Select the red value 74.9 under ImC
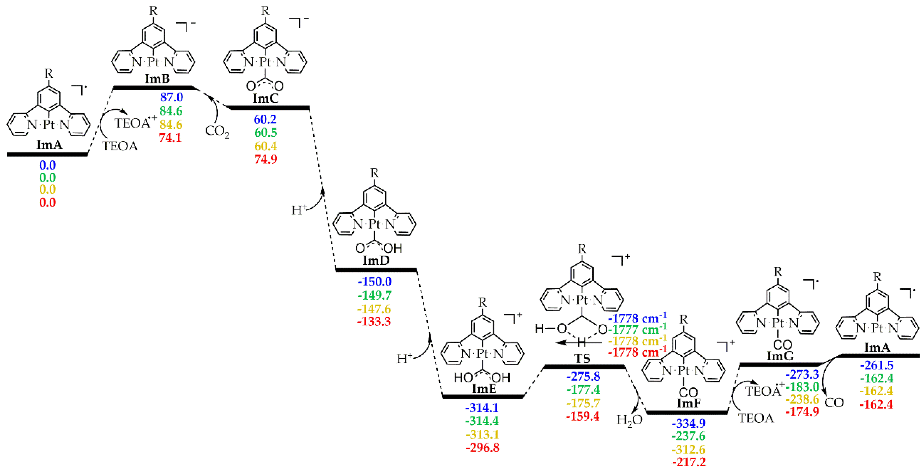pos(266,159)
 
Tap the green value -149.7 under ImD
pos(375,295)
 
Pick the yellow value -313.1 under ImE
pos(482,435)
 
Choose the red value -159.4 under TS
pos(583,416)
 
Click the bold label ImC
pos(266,98)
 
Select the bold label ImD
pos(376,261)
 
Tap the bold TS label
pos(582,358)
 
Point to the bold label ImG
pos(780,356)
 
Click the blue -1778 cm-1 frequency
pos(637,318)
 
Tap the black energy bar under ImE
pos(483,396)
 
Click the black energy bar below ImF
pos(687,412)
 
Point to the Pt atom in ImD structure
pos(374,224)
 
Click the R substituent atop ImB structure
pos(153,11)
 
